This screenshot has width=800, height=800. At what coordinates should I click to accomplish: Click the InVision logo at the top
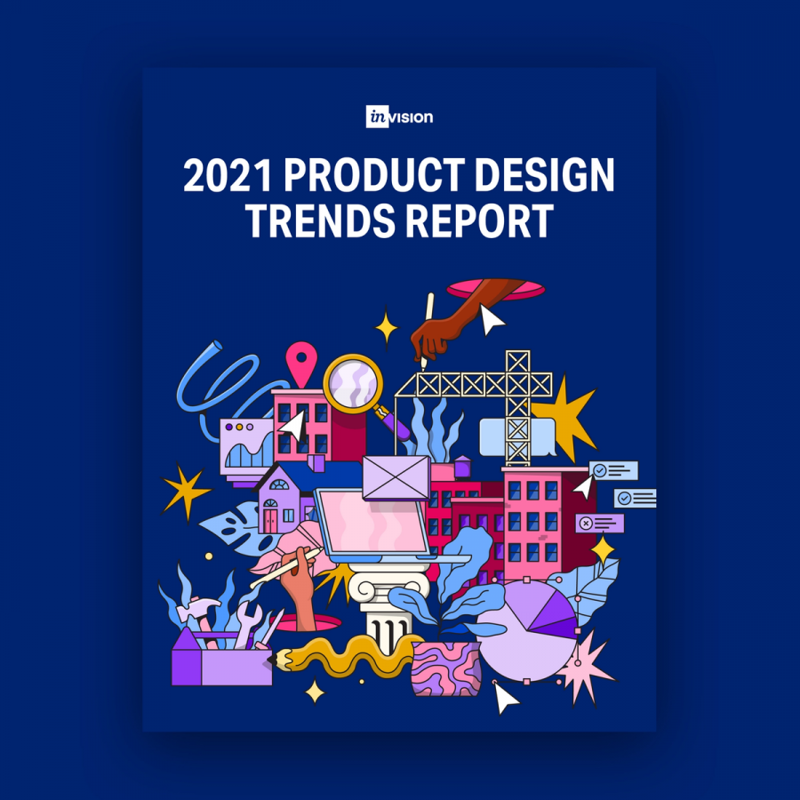pos(399,116)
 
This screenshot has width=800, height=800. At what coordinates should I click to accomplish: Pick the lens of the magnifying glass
pos(353,385)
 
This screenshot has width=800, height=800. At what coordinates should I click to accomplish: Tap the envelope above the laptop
pos(396,477)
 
